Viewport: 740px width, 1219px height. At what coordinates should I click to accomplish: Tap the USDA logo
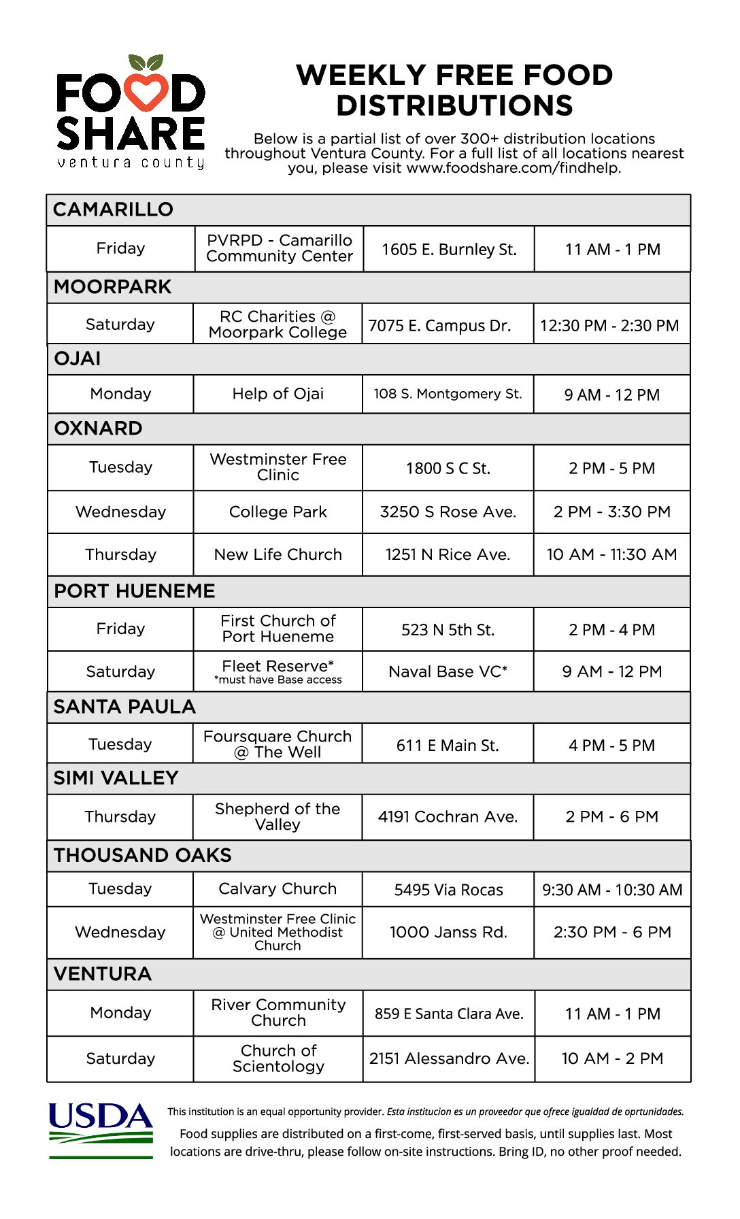(x=101, y=1129)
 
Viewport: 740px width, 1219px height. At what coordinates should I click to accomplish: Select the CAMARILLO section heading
(x=114, y=210)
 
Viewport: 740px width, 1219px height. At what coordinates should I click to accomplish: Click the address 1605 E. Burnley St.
(x=449, y=250)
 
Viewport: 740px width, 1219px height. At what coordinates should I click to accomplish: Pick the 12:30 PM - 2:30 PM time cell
(x=609, y=326)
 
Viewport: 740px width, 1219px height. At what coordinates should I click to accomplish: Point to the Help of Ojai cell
(x=277, y=394)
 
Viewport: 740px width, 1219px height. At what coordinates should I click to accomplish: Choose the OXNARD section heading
(x=99, y=429)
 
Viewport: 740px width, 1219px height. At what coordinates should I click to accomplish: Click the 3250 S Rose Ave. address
(x=448, y=512)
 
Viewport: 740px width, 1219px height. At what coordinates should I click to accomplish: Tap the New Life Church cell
(x=277, y=554)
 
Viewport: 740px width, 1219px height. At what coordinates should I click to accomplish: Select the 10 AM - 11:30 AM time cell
(x=611, y=554)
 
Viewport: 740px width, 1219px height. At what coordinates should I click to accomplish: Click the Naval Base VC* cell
(x=448, y=671)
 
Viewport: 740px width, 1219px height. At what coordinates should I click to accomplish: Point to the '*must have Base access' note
(x=277, y=680)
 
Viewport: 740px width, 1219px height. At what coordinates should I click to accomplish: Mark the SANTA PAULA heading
(x=124, y=707)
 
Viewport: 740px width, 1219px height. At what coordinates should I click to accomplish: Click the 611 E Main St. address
(x=448, y=746)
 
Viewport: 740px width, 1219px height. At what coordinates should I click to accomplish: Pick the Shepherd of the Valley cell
(x=277, y=816)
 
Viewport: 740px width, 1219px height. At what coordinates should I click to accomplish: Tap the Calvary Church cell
(x=277, y=888)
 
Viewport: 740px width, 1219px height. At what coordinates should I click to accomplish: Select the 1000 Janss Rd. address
(x=448, y=932)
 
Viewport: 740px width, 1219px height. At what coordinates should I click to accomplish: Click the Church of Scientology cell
(x=278, y=1058)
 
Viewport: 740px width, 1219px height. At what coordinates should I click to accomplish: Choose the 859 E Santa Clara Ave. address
(x=449, y=1014)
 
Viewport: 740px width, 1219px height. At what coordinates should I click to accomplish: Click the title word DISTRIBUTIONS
(x=454, y=106)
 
